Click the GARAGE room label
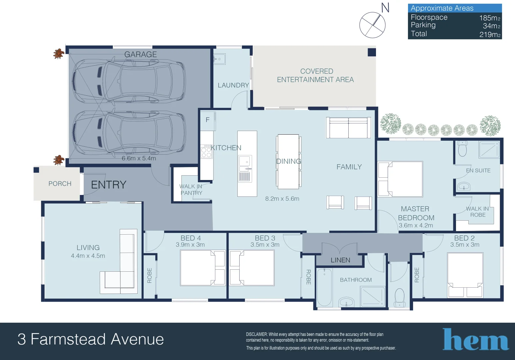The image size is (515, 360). [140, 54]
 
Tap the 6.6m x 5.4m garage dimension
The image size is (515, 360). [139, 158]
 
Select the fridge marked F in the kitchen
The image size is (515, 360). [207, 120]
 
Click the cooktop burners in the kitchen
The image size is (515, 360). [206, 151]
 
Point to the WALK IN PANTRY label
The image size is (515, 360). [191, 190]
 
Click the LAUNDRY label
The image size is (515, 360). [233, 85]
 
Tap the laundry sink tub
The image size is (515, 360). [220, 59]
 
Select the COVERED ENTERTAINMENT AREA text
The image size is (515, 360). [315, 76]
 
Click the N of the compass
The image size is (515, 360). [385, 7]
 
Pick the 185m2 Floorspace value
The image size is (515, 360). [490, 18]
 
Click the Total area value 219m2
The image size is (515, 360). [490, 34]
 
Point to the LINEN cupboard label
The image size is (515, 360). [340, 260]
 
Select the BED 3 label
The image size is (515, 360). [265, 238]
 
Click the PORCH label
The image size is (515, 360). [60, 184]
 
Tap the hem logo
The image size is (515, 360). [475, 340]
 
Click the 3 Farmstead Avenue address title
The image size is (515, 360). [91, 339]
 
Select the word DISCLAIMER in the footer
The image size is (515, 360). [257, 334]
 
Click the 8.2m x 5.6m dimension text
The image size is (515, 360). [282, 199]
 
